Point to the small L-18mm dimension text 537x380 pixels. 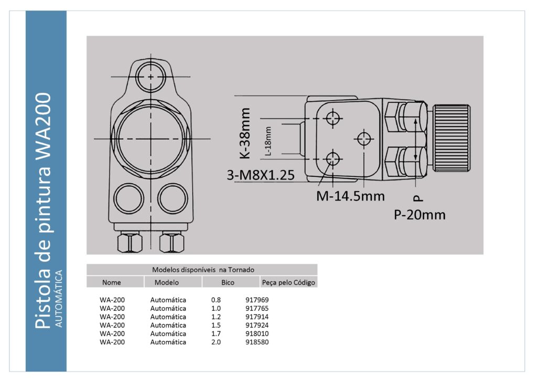[x=268, y=141]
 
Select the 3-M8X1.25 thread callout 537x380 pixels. [x=260, y=176]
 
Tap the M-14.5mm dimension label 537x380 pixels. [x=350, y=196]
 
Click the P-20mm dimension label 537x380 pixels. [x=420, y=215]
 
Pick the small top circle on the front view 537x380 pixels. [x=151, y=77]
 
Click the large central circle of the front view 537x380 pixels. [x=152, y=138]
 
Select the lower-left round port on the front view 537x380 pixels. [x=129, y=198]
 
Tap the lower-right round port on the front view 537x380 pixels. [x=173, y=198]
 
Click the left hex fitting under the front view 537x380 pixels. [x=129, y=242]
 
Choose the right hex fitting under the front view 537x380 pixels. [x=171, y=242]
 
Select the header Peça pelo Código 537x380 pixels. [x=288, y=282]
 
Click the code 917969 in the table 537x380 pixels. [x=257, y=300]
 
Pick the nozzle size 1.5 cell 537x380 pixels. [x=216, y=325]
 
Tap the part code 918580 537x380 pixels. [x=257, y=342]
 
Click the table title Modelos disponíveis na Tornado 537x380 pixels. [x=203, y=270]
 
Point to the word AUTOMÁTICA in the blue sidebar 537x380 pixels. [x=59, y=299]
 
